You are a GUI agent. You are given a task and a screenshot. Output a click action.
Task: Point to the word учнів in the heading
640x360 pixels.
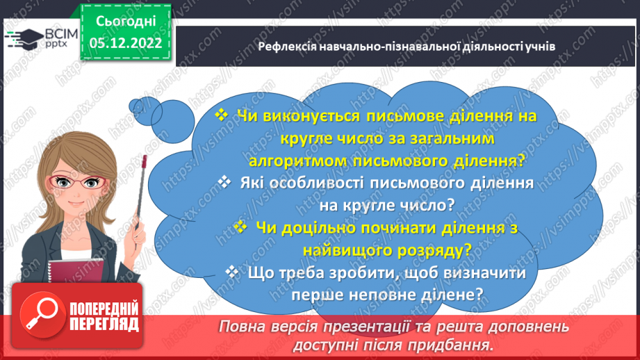point(539,47)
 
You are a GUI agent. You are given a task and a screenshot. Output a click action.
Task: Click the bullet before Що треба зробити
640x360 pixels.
point(233,272)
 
